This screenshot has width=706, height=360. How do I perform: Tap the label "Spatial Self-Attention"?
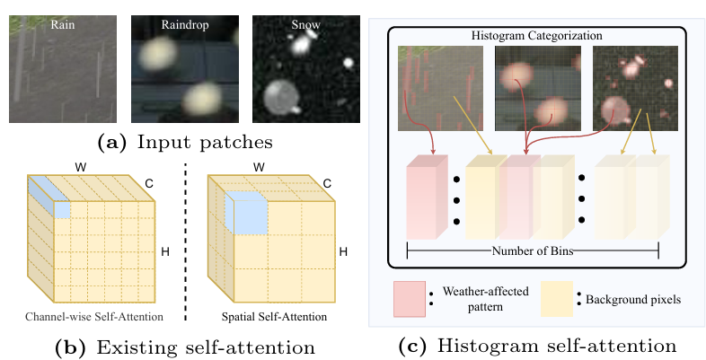pyautogui.click(x=273, y=318)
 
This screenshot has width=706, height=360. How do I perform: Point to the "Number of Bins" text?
pyautogui.click(x=532, y=251)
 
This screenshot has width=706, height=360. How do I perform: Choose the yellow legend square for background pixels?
pyautogui.click(x=557, y=298)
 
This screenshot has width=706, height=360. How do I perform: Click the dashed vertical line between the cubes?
pyautogui.click(x=187, y=233)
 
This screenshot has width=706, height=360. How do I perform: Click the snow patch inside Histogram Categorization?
pyautogui.click(x=630, y=89)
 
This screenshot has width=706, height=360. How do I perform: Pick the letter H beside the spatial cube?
pyautogui.click(x=343, y=251)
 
